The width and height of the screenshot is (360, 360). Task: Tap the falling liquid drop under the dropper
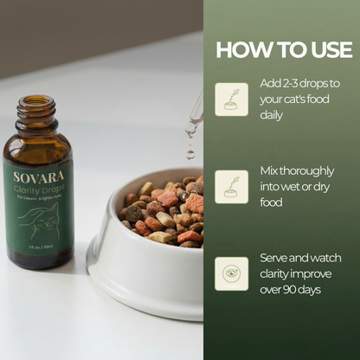click(190, 153)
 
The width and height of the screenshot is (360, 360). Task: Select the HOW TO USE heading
click(283, 48)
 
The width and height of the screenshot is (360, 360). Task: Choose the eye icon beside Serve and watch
click(231, 272)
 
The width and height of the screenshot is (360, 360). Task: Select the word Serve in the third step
click(277, 258)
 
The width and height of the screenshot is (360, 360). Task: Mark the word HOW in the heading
click(235, 48)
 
